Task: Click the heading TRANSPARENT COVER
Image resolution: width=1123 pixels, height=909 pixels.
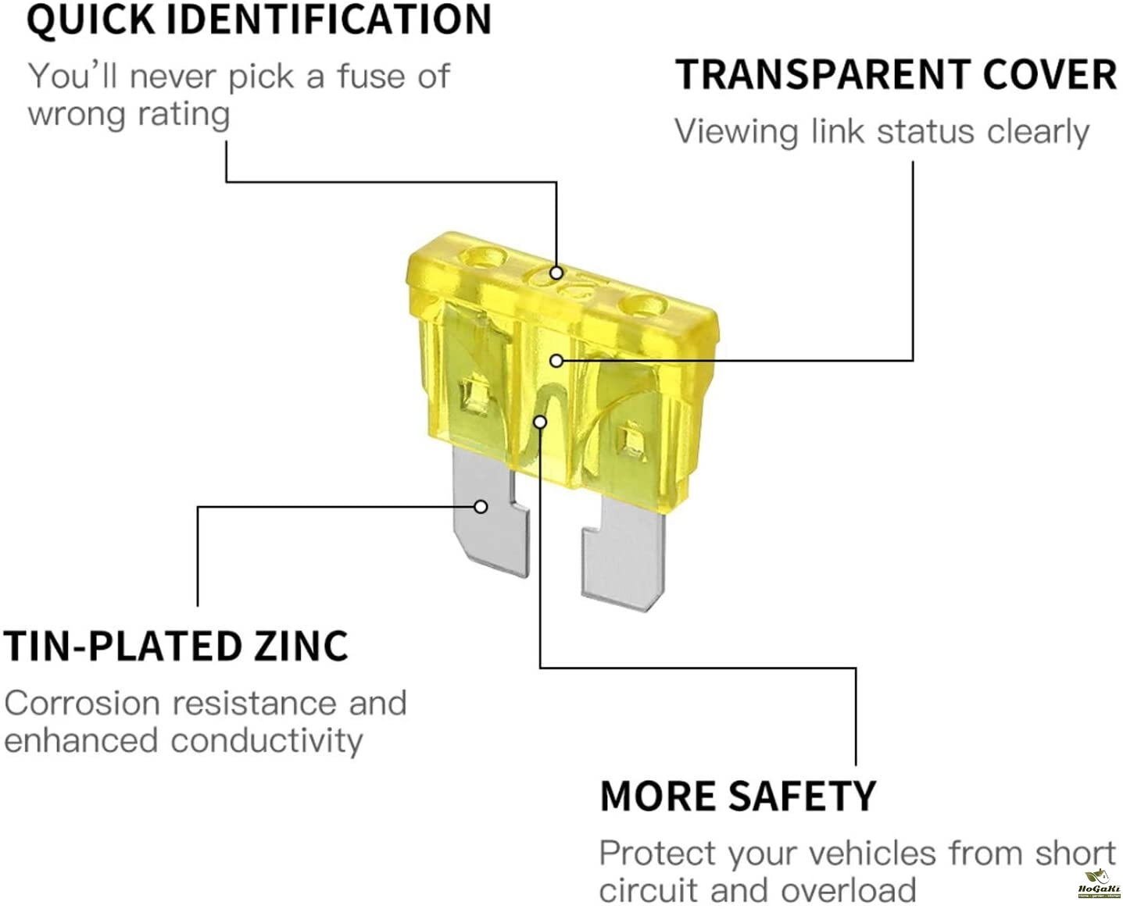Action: pyautogui.click(x=896, y=75)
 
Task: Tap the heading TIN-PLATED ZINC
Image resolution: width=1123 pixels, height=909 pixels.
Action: pyautogui.click(x=176, y=646)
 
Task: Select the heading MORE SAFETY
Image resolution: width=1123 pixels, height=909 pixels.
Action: pyautogui.click(x=738, y=796)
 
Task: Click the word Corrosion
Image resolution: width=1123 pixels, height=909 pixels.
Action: pyautogui.click(x=83, y=703)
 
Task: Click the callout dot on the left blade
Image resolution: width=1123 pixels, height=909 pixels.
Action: pyautogui.click(x=481, y=507)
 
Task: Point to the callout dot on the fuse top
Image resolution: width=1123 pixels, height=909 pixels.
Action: pyautogui.click(x=556, y=273)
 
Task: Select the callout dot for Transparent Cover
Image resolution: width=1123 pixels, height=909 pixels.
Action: pyautogui.click(x=556, y=361)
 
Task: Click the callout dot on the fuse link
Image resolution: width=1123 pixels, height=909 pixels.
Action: pyautogui.click(x=539, y=422)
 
